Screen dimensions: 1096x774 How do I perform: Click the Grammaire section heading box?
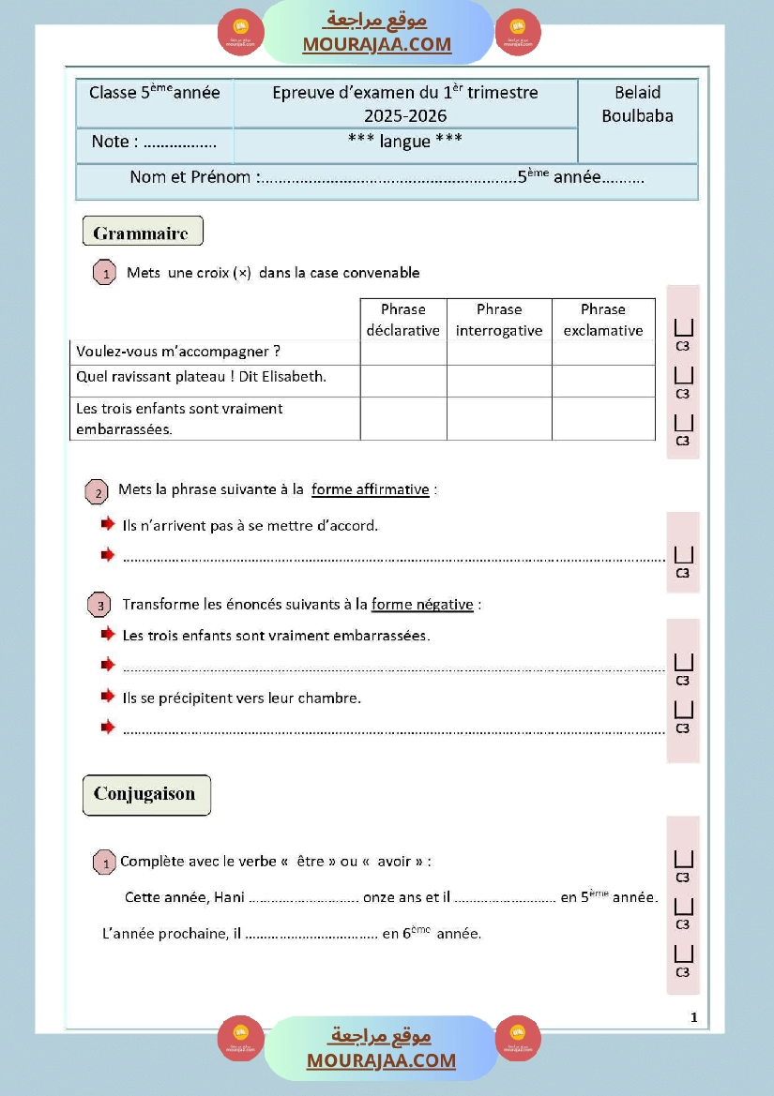pos(142,233)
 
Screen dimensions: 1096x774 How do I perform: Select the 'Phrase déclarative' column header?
pos(403,320)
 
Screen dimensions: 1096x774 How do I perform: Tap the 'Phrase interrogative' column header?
pos(499,320)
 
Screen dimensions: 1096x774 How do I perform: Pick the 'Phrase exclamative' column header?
pos(603,320)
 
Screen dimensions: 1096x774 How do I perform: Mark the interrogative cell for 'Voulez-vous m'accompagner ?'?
pos(499,353)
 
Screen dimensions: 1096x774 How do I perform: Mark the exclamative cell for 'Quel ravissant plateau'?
pos(603,381)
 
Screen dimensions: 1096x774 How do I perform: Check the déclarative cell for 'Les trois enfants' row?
pos(403,418)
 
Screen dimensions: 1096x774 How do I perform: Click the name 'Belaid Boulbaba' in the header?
pos(637,104)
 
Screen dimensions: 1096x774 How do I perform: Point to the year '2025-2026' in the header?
pos(405,116)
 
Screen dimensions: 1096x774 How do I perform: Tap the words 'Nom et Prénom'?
pos(190,177)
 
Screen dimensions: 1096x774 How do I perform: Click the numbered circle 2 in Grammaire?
pos(97,492)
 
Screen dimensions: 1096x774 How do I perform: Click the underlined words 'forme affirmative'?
pos(370,489)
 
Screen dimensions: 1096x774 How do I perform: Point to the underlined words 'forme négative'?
pos(422,605)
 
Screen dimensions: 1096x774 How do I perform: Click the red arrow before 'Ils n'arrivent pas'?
pos(108,525)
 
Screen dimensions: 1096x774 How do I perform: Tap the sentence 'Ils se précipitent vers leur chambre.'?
pos(242,698)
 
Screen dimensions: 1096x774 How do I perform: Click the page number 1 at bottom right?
pos(693,1017)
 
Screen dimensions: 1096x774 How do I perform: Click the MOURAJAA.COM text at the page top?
pos(376,44)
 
